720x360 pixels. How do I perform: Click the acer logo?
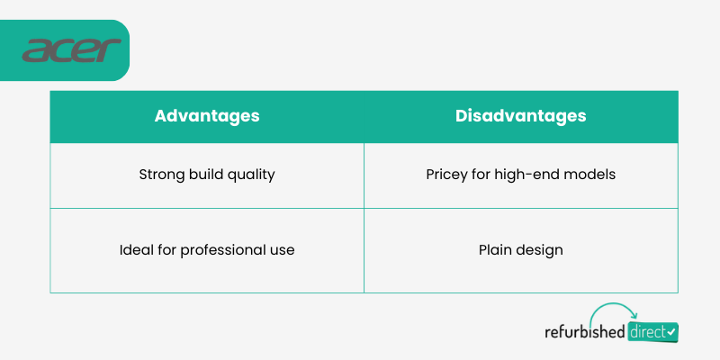[72, 50]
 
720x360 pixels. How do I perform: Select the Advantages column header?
[207, 116]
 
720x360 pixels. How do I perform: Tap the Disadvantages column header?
[521, 116]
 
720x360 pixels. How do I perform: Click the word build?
[203, 175]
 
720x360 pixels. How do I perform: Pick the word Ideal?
[134, 250]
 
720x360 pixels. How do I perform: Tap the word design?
[539, 251]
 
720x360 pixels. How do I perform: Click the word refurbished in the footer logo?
[584, 331]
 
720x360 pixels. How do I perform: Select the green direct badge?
[652, 332]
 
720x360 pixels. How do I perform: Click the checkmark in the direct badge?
[671, 331]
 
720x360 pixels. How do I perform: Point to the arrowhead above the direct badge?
[634, 316]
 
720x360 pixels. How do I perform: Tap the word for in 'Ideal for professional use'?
[165, 250]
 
